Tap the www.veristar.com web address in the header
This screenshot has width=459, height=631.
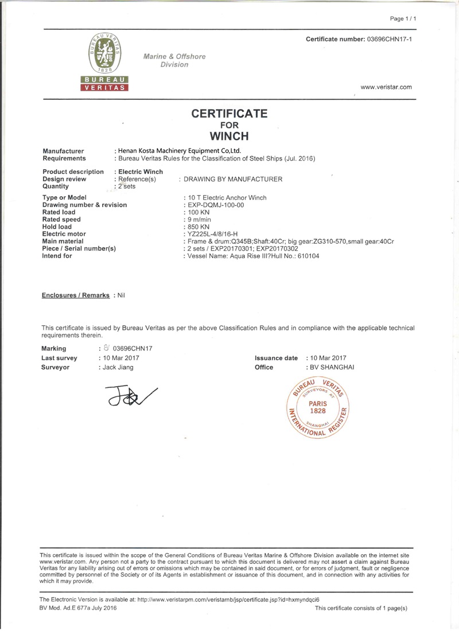click(x=386, y=87)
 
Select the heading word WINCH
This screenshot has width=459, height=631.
click(x=229, y=136)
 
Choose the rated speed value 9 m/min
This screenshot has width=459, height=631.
click(x=194, y=219)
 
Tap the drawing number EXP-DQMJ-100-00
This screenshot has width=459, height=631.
click(x=213, y=205)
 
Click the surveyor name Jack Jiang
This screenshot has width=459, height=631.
click(x=118, y=367)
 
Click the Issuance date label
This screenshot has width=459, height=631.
click(x=276, y=358)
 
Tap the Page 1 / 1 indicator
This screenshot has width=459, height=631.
click(x=403, y=19)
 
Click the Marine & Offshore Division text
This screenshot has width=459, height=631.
click(x=174, y=60)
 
